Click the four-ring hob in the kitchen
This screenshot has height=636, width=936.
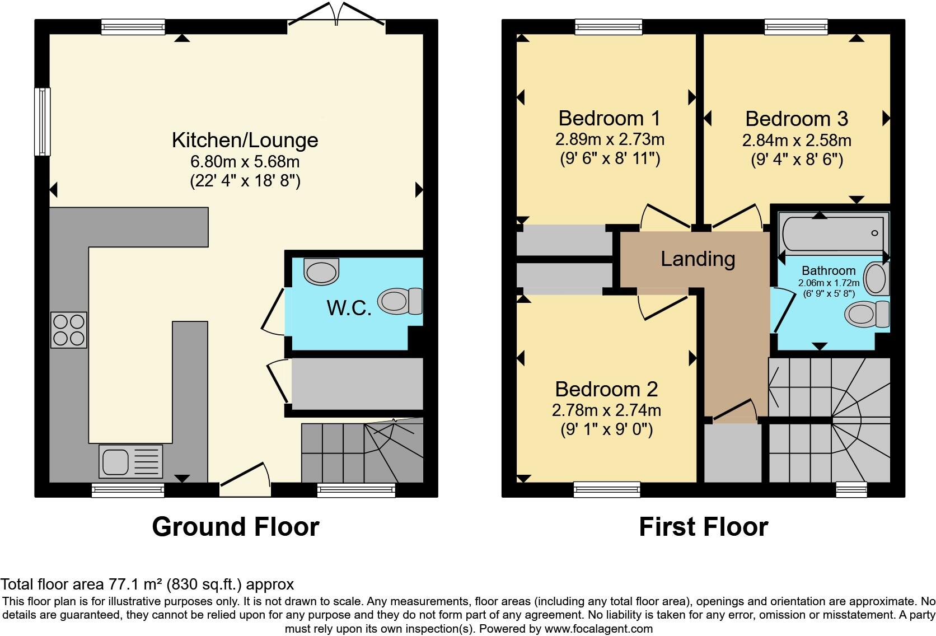click(69, 330)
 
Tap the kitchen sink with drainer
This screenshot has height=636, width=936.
click(130, 461)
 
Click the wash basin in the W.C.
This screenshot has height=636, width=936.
click(322, 271)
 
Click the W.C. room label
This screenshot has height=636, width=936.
click(349, 307)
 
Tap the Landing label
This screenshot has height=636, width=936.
click(698, 259)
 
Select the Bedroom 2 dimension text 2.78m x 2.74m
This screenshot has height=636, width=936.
click(606, 410)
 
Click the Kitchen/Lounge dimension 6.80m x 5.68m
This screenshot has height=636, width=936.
click(245, 162)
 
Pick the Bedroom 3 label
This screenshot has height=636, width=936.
click(797, 119)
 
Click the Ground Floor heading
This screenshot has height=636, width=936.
click(235, 527)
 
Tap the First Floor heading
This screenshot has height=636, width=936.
click(703, 527)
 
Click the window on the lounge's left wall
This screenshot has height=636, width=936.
click(42, 121)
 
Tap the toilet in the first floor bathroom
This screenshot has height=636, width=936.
click(866, 314)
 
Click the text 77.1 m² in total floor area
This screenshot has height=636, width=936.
click(129, 584)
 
